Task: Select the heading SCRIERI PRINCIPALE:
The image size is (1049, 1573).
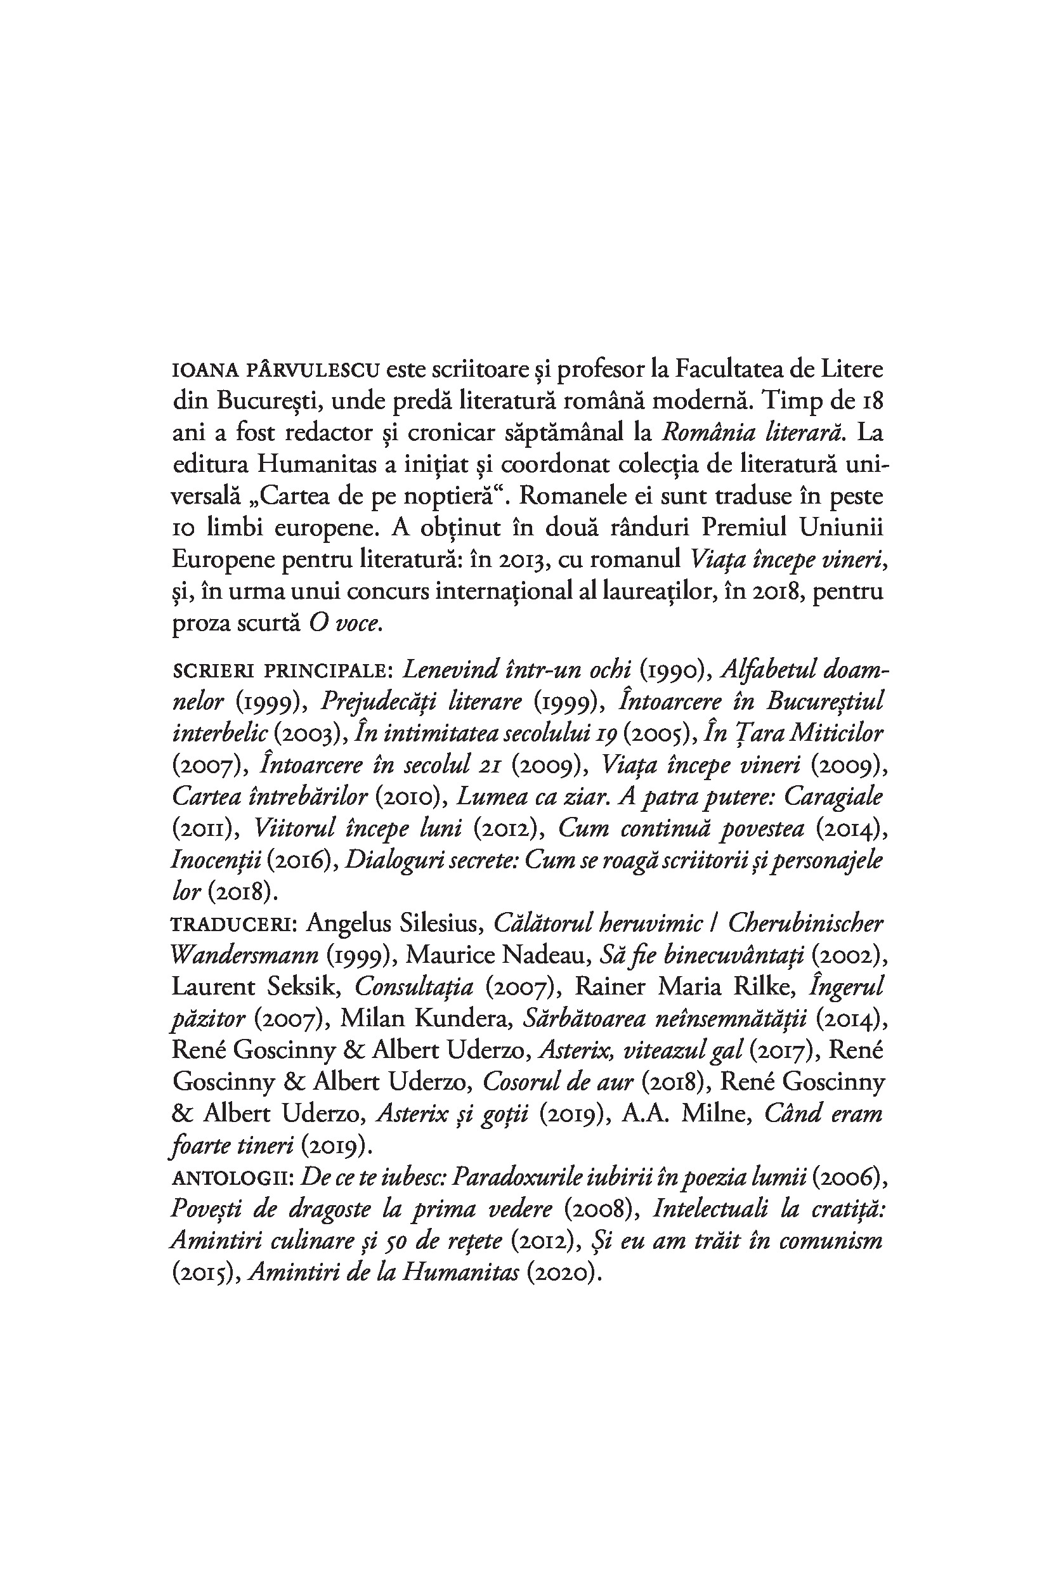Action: tap(283, 670)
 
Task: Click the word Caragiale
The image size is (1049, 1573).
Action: tap(833, 797)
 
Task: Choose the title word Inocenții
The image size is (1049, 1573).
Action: tap(216, 861)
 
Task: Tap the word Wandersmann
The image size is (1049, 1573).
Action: tap(245, 955)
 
